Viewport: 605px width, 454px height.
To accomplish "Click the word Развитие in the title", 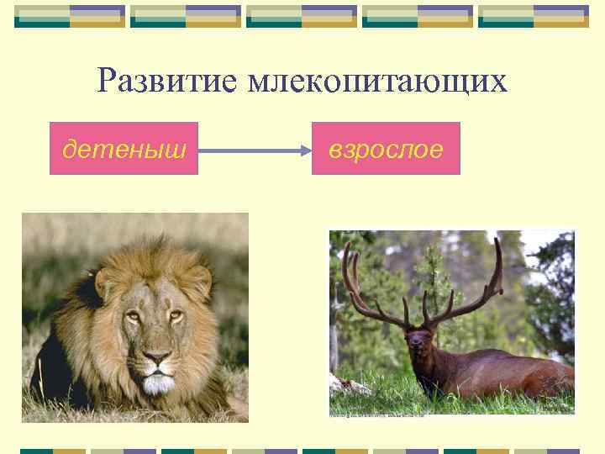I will point(168,82).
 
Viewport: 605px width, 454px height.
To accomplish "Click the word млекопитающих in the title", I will point(377,82).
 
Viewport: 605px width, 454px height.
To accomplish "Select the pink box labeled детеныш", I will point(124,148).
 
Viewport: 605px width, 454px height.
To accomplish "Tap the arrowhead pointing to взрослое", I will point(305,150).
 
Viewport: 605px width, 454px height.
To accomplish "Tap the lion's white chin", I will point(155,385).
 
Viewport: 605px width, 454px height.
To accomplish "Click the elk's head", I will point(417,341).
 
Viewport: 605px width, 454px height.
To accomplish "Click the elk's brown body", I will point(504,370).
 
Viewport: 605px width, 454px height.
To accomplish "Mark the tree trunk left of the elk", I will point(336,336).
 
